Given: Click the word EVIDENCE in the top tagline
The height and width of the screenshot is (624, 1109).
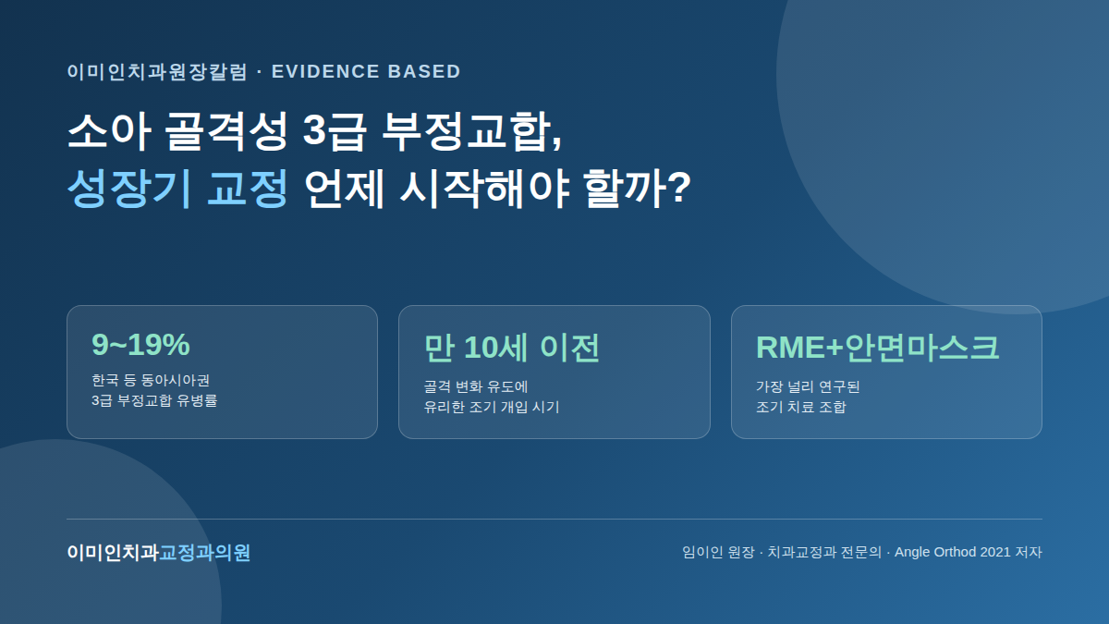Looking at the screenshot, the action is click(x=324, y=71).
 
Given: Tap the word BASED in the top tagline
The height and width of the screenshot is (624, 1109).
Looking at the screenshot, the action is click(x=424, y=71).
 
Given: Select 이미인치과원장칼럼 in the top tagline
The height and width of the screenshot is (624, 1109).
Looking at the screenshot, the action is click(x=157, y=71).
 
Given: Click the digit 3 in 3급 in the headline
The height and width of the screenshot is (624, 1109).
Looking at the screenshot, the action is click(x=314, y=130).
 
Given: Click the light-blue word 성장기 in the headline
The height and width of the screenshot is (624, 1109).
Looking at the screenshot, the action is click(x=129, y=189).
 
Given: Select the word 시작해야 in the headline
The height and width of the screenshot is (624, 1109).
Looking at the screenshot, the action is click(x=485, y=189).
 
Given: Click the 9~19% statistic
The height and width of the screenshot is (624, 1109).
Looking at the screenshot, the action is click(x=140, y=344).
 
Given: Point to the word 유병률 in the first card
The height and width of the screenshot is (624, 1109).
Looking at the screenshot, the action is click(x=197, y=400).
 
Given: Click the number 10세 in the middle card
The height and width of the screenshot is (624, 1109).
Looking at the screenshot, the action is click(x=495, y=348).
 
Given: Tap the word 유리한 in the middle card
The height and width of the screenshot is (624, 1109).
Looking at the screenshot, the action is click(x=444, y=407).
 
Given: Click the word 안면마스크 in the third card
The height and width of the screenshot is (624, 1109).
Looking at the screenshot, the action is click(x=922, y=348).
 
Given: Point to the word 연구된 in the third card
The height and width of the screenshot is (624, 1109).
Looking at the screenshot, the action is click(x=839, y=386).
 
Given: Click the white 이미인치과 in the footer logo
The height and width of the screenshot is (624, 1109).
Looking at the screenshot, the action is click(x=113, y=552).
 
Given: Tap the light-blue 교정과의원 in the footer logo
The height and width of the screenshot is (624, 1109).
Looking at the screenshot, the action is click(x=204, y=552).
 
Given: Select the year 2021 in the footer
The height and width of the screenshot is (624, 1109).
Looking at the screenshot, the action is click(x=995, y=552).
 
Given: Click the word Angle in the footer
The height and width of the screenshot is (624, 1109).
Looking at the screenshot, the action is click(x=912, y=552).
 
